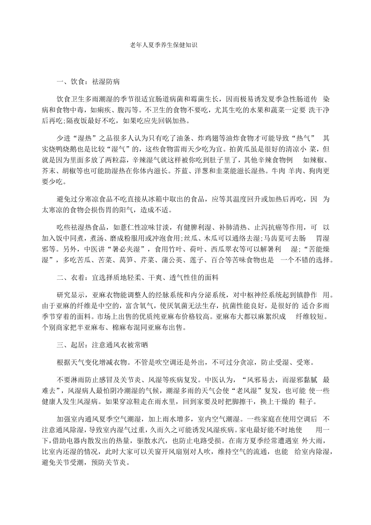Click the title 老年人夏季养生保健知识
[x=164, y=45]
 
